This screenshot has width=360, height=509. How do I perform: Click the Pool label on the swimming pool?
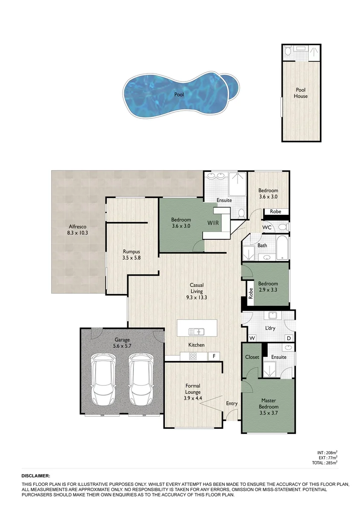coord(179,95)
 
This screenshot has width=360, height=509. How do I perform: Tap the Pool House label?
coord(301,93)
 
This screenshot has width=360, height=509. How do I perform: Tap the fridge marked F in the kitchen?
coord(214,356)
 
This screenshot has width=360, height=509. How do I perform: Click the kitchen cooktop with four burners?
coord(193,356)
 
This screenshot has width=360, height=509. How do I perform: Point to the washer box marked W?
coord(252,338)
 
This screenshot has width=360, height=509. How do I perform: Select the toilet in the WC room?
coord(282,227)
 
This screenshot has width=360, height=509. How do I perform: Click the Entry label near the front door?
coord(231,403)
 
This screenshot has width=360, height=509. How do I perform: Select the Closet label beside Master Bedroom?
coord(252,357)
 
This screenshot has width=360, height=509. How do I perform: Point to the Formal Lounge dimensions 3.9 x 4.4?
coord(193,398)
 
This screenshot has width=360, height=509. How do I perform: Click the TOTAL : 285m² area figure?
coord(325,463)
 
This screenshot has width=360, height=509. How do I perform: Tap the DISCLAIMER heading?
coord(36,476)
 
